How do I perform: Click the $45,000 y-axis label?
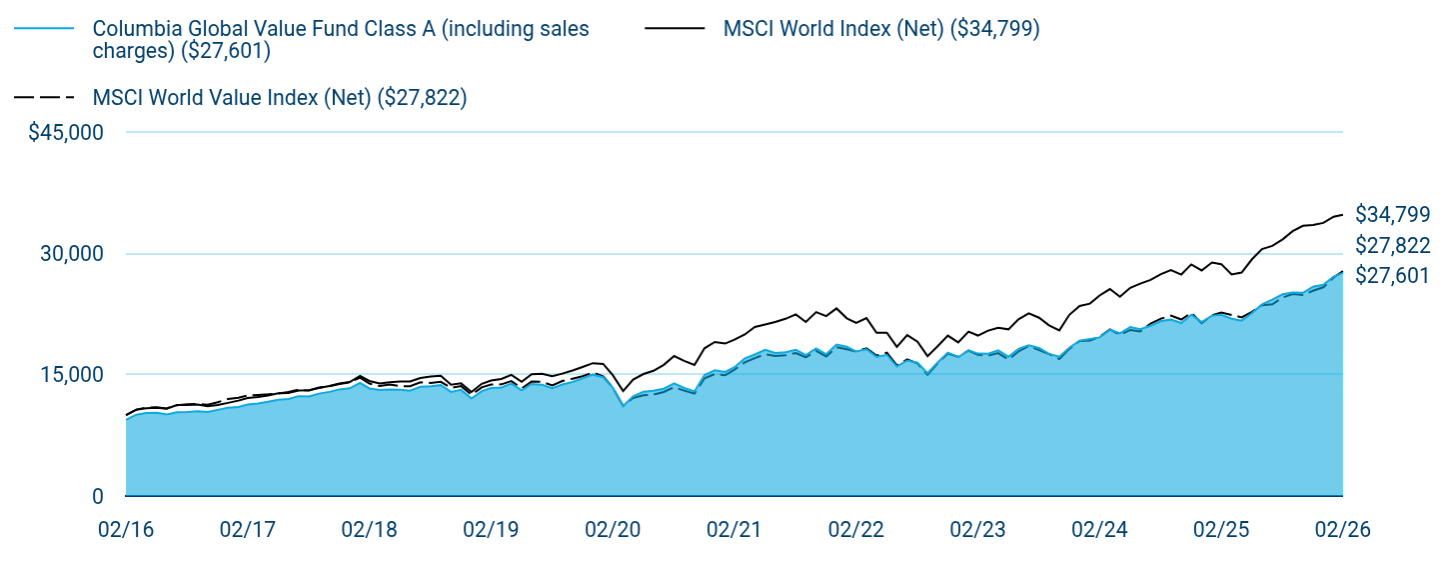[65, 132]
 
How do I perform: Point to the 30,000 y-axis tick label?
[72, 253]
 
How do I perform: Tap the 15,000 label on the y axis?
[72, 375]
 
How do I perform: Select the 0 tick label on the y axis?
[98, 496]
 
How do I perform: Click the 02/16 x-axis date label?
[126, 530]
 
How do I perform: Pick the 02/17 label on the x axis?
[248, 530]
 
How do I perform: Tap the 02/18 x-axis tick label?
[369, 530]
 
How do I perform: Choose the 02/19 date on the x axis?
[491, 530]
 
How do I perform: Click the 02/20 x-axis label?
[613, 530]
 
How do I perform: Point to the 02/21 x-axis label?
[733, 530]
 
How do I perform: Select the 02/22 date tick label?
[855, 530]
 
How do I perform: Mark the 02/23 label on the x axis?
[977, 530]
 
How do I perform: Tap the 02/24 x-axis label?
[1099, 530]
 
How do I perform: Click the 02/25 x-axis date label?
[1221, 530]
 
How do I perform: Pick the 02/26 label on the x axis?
[1343, 530]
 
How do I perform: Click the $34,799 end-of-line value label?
[1393, 214]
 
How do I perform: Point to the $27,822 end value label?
[1393, 245]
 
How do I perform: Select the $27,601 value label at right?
[1393, 276]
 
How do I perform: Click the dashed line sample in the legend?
[44, 97]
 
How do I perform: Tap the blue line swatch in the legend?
[44, 29]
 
